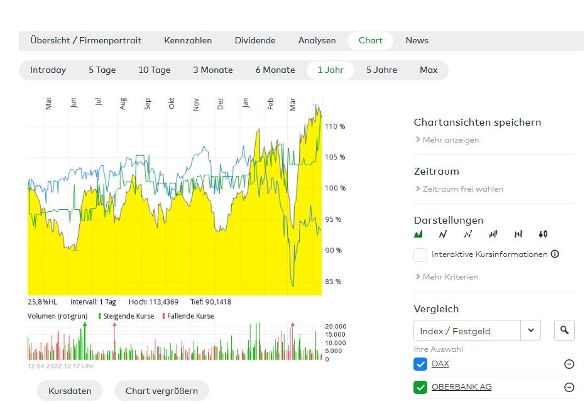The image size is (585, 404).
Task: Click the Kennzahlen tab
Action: coord(188,40)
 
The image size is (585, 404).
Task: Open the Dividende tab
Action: coord(255,40)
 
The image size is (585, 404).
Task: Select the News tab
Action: coord(417,40)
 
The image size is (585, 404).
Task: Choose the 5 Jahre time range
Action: coord(381,70)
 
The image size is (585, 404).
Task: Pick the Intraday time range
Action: coord(48,70)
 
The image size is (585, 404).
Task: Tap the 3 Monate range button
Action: coord(212,70)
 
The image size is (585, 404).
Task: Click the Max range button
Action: coord(429,70)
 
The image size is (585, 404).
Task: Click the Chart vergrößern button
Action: coord(161,391)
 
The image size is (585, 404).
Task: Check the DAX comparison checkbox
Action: coord(420,364)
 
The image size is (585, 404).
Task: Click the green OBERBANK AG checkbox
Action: coord(420,387)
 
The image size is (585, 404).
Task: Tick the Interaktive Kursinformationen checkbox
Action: coord(420,254)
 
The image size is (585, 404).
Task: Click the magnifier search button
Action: coord(564,330)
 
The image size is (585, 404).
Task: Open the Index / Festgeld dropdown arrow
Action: coord(531,330)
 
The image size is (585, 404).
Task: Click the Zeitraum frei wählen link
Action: coord(462,188)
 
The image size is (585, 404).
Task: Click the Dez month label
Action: coord(221,104)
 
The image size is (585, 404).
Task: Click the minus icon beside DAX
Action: coord(569,364)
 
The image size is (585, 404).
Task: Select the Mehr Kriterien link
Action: coord(450,276)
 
